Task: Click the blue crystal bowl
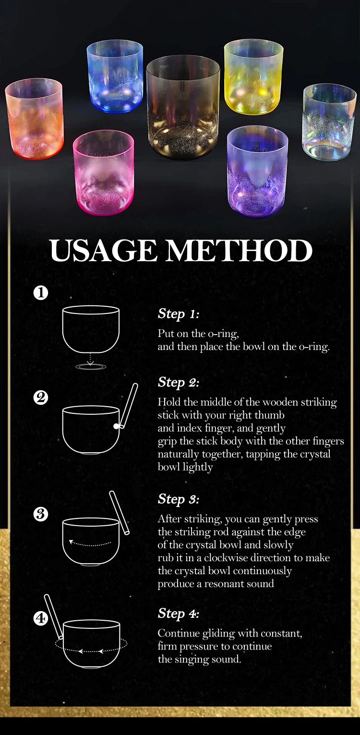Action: point(115,77)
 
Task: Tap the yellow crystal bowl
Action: point(253,77)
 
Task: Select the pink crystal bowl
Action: point(103,172)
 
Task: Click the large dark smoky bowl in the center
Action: point(183,108)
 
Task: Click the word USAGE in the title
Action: point(104,251)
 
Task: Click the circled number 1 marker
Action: point(41,292)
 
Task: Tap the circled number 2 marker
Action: point(41,398)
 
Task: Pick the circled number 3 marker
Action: point(41,514)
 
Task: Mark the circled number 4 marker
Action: point(41,619)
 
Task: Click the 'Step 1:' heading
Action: point(178,314)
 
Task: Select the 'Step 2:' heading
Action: point(178,383)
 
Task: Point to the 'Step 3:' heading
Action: point(178,499)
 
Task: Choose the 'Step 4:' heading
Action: point(178,614)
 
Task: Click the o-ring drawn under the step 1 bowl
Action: point(91,366)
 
